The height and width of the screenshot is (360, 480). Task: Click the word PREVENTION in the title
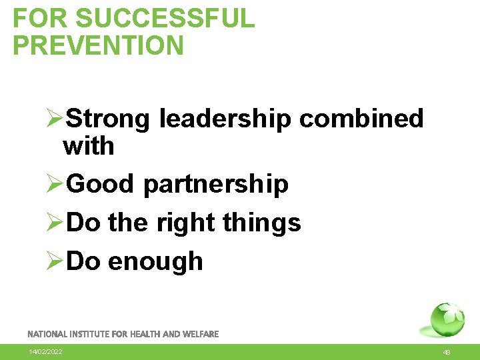click(98, 45)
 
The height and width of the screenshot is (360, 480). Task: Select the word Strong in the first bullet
click(109, 119)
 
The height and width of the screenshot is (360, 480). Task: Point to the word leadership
click(225, 119)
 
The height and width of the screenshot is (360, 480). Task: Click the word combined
click(361, 119)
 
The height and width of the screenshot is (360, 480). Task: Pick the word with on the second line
click(89, 146)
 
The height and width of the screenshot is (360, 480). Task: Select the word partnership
click(215, 184)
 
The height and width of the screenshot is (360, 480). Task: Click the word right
click(181, 223)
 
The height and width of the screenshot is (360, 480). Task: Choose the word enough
click(155, 261)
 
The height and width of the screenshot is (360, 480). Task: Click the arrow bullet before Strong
click(53, 119)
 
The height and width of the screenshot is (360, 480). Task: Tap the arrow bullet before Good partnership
click(53, 184)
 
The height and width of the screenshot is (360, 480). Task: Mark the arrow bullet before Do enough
click(53, 261)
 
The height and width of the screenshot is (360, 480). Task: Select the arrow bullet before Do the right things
click(53, 223)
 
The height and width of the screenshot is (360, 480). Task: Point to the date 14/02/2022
click(45, 352)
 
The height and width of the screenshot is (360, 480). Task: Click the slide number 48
click(447, 353)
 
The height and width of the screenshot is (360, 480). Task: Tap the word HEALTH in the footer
click(147, 334)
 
